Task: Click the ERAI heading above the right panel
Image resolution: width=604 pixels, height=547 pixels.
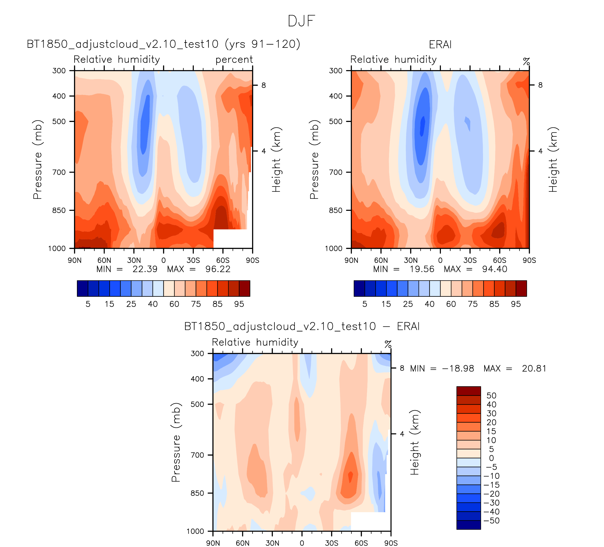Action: point(440,45)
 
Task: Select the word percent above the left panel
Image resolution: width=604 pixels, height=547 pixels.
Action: point(234,60)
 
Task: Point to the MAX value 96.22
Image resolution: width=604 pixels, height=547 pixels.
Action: point(218,269)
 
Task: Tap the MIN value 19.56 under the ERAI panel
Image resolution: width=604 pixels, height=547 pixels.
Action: point(422,269)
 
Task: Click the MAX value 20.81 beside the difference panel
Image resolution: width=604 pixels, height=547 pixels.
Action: point(534,369)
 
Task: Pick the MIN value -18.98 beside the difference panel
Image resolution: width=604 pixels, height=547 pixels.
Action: point(458,369)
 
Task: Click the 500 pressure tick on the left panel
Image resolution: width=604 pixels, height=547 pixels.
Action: point(59,121)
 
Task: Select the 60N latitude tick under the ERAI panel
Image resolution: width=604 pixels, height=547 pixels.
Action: point(381,260)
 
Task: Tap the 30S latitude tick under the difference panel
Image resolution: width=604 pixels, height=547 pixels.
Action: point(331,543)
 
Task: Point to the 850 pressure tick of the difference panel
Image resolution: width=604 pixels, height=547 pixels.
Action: point(197,493)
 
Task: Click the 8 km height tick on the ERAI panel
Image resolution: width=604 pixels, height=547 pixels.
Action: point(540,85)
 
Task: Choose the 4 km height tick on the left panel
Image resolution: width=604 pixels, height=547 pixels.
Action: point(264,151)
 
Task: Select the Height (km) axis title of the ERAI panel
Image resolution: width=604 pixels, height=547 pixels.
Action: point(553,159)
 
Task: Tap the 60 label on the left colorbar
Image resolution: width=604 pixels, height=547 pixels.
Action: point(174,304)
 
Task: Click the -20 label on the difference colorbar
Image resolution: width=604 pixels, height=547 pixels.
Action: point(491,494)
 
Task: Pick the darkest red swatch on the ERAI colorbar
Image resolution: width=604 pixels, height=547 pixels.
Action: point(521,288)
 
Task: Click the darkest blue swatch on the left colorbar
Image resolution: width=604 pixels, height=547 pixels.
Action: point(82,288)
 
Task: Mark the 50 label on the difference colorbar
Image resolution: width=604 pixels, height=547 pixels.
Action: point(491,396)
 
